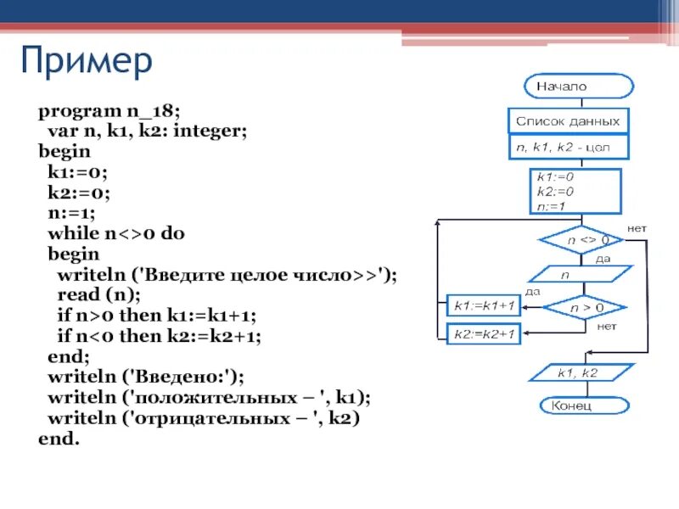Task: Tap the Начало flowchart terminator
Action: [x=579, y=86]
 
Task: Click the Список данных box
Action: [x=569, y=121]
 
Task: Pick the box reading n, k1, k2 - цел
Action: [x=569, y=148]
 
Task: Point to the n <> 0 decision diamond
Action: [x=581, y=240]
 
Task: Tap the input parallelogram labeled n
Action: [x=581, y=275]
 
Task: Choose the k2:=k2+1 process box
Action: [x=483, y=334]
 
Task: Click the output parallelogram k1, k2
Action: [x=581, y=372]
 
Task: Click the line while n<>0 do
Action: [x=116, y=233]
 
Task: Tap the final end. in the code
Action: [x=59, y=439]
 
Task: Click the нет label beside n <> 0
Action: [x=637, y=229]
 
